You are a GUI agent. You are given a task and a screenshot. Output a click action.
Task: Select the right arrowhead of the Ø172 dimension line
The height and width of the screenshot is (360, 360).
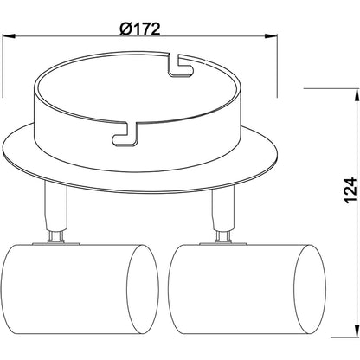[273, 36]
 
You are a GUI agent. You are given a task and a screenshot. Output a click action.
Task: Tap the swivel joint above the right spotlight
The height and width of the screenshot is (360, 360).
[221, 235]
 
